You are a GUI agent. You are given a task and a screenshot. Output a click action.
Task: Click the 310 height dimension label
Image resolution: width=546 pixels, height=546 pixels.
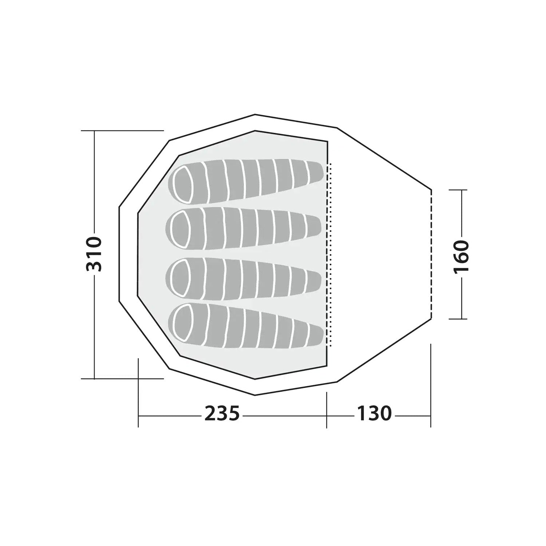(x=94, y=254)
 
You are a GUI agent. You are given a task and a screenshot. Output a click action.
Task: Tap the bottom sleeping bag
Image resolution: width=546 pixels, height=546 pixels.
(x=246, y=327)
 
